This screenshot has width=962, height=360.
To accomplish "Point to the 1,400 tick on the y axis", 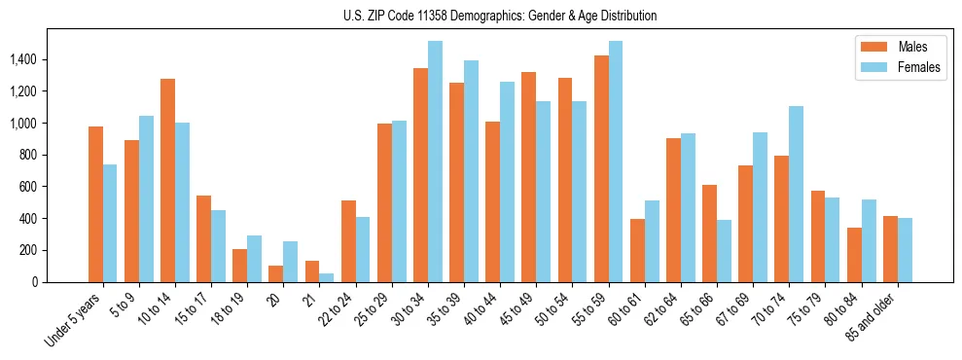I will (22, 59).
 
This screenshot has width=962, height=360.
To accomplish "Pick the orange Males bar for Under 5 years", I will (95, 204).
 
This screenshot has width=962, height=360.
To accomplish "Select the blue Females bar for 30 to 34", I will (435, 162).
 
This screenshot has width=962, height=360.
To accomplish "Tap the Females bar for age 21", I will (327, 277).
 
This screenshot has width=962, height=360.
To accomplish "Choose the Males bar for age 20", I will (276, 273).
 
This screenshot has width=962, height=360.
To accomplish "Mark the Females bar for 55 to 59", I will (616, 162).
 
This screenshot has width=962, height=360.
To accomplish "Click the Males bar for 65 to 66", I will (709, 234).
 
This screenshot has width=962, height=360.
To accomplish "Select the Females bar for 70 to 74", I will (796, 194).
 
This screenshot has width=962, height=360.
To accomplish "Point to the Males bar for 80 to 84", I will (854, 255).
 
